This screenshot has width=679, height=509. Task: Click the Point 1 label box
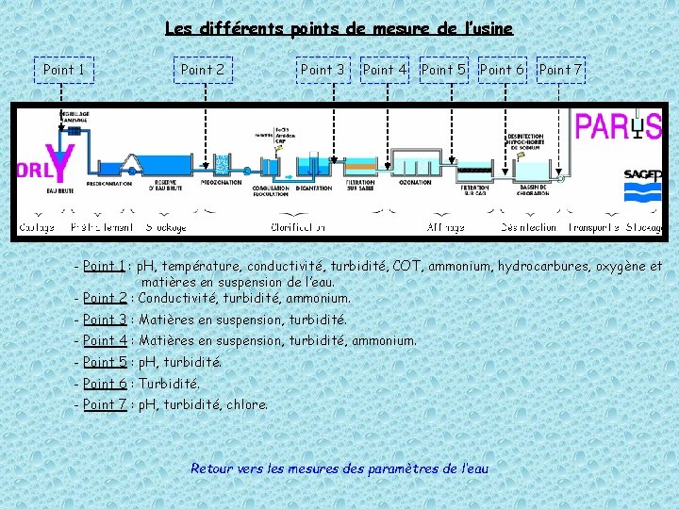pos(64,70)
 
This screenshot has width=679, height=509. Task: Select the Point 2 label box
pos(203,70)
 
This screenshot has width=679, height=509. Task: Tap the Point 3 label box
pos(323,70)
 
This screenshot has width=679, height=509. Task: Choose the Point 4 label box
pos(385,70)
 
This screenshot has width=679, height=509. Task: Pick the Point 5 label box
pos(443,70)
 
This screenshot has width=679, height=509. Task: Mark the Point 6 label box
pos(502,70)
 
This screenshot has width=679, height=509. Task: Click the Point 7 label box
pos(560,70)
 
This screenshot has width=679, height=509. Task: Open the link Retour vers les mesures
pos(339,468)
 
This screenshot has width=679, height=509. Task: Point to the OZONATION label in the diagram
pos(416,183)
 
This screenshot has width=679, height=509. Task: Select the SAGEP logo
pos(643,175)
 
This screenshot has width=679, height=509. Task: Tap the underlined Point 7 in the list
pos(105,404)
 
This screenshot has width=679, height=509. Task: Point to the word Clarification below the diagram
pos(298,227)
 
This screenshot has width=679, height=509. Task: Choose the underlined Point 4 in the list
pos(105,340)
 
